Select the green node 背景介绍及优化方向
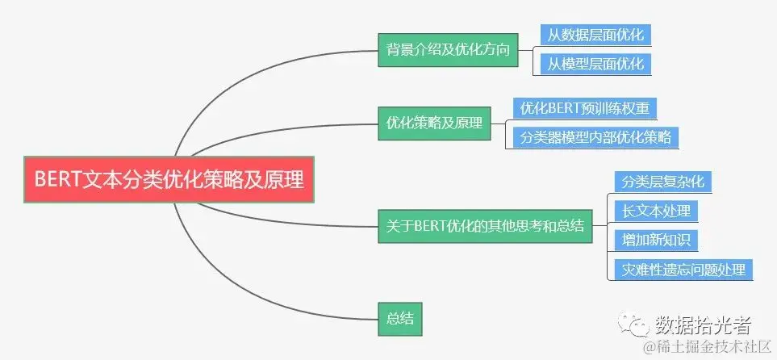click(x=448, y=50)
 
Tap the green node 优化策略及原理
click(x=434, y=123)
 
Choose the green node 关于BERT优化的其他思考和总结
click(x=484, y=226)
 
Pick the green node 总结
click(x=400, y=315)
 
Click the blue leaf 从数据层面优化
click(x=595, y=36)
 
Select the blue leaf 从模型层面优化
click(x=595, y=64)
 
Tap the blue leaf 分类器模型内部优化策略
click(x=595, y=137)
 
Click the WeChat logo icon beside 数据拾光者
click(x=635, y=324)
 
